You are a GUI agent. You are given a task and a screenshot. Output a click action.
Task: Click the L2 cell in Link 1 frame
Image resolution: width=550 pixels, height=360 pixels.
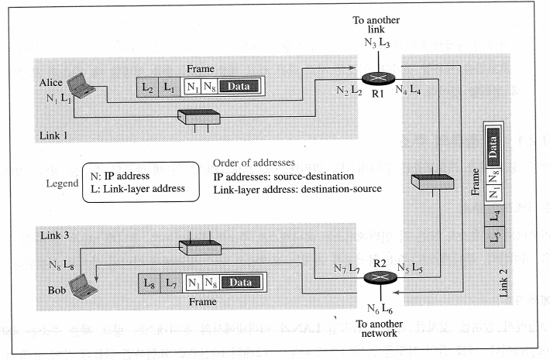147,87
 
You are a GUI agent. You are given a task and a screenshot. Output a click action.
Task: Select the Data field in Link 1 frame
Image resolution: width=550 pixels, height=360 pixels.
241,87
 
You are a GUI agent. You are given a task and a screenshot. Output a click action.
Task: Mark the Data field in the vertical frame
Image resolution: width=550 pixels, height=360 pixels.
494,146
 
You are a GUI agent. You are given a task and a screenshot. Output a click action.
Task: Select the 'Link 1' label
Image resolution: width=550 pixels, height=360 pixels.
53,135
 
